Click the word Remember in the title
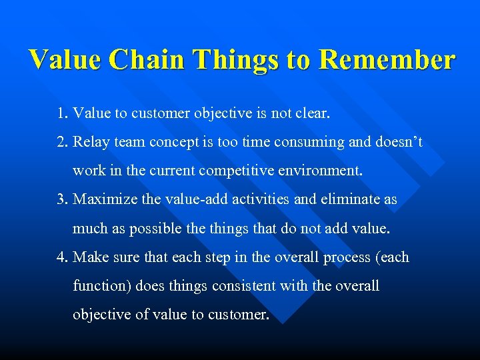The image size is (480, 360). point(387,60)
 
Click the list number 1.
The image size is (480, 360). point(62,114)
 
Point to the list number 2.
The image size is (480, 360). point(62,143)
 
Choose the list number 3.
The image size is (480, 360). point(62,200)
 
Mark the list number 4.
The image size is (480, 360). point(62,257)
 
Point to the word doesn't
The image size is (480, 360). point(399,143)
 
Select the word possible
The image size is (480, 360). point(156,229)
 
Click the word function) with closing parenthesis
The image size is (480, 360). point(102,286)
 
